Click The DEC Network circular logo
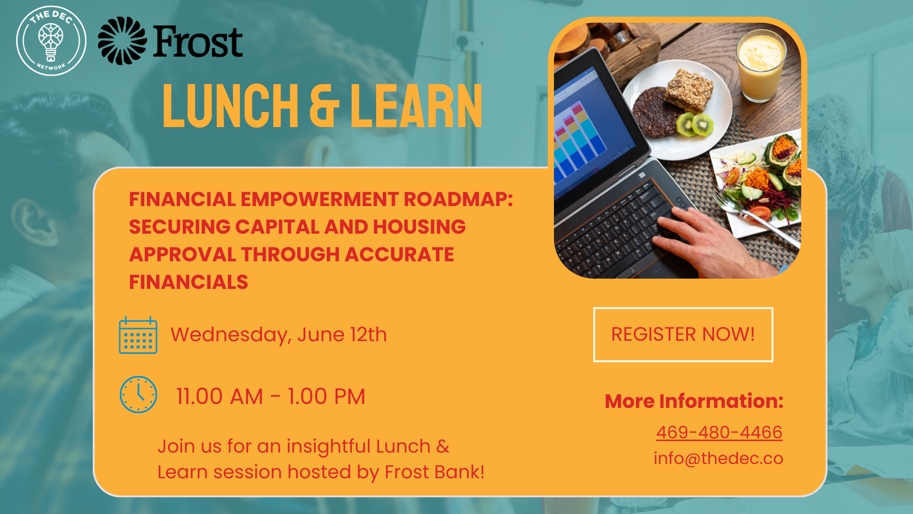coord(51,41)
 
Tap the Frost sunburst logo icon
coord(122,41)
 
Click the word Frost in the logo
coord(198,42)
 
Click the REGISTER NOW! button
coord(683,335)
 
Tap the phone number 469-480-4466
coord(719,432)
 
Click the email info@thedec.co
coord(719,458)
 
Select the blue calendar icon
coord(138,335)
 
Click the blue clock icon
coord(138,395)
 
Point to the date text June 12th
coord(342,335)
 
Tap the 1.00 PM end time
coord(327,396)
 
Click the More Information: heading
coord(694,401)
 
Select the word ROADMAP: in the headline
coord(458,199)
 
